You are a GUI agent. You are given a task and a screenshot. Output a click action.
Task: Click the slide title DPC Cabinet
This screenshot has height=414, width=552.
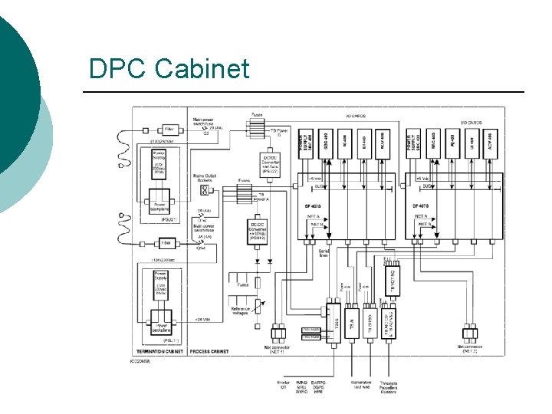coord(169,69)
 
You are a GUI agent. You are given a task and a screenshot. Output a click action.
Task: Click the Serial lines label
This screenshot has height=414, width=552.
coord(323,252)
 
